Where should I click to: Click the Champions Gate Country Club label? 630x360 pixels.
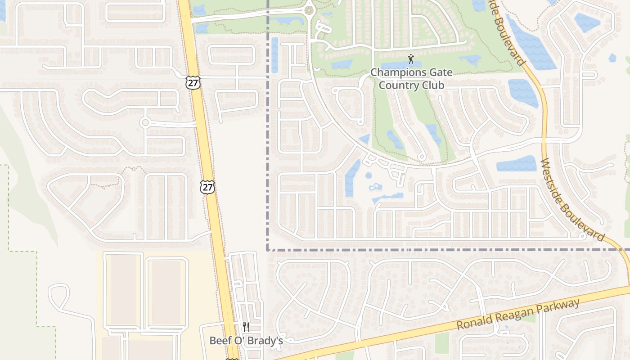point(411,79)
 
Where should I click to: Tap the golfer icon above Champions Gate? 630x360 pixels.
point(410,58)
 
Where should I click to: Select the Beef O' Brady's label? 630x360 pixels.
point(246,341)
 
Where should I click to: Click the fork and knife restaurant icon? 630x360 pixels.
point(246,327)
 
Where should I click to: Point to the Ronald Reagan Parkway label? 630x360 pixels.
point(518,315)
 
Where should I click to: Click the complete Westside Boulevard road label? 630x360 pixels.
point(572,199)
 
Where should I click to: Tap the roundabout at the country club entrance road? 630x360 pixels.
point(309,10)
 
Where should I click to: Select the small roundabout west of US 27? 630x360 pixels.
point(145,122)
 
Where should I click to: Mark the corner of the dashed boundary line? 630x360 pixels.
point(268,249)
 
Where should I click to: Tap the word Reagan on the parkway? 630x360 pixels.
point(514,315)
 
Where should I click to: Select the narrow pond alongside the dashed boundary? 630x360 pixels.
point(274,55)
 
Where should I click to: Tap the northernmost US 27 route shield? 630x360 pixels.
point(192,82)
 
